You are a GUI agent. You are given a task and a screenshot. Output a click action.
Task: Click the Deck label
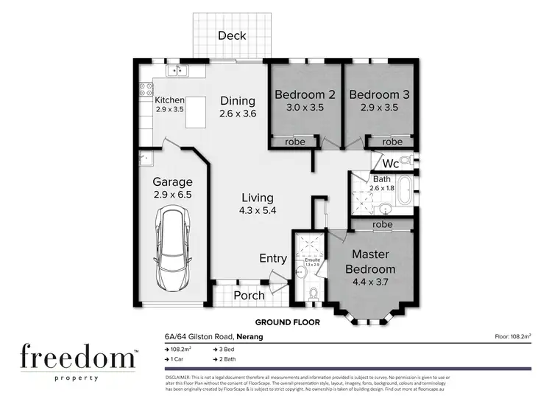tap(232, 36)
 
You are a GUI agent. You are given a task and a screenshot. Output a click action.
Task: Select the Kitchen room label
tap(169, 100)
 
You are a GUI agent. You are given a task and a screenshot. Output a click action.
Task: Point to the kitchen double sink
tap(177, 72)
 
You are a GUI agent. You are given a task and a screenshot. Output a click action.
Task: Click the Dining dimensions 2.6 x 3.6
tap(237, 114)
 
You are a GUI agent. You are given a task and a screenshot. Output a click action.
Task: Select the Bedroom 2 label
tap(305, 94)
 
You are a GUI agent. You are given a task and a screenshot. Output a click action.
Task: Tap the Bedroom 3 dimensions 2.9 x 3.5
tap(378, 107)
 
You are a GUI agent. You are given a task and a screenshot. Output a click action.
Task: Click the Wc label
tap(390, 162)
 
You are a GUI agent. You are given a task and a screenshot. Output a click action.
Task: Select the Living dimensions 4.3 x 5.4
tap(257, 210)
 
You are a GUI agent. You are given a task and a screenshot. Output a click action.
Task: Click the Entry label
tap(273, 258)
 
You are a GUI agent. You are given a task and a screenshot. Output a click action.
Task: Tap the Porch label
tap(249, 295)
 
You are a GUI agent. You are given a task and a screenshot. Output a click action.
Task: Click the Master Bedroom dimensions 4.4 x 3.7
tap(381, 281)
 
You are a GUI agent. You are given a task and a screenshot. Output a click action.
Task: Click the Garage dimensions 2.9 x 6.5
tap(172, 195)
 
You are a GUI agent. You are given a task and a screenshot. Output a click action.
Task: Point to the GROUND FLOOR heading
tap(285, 322)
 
